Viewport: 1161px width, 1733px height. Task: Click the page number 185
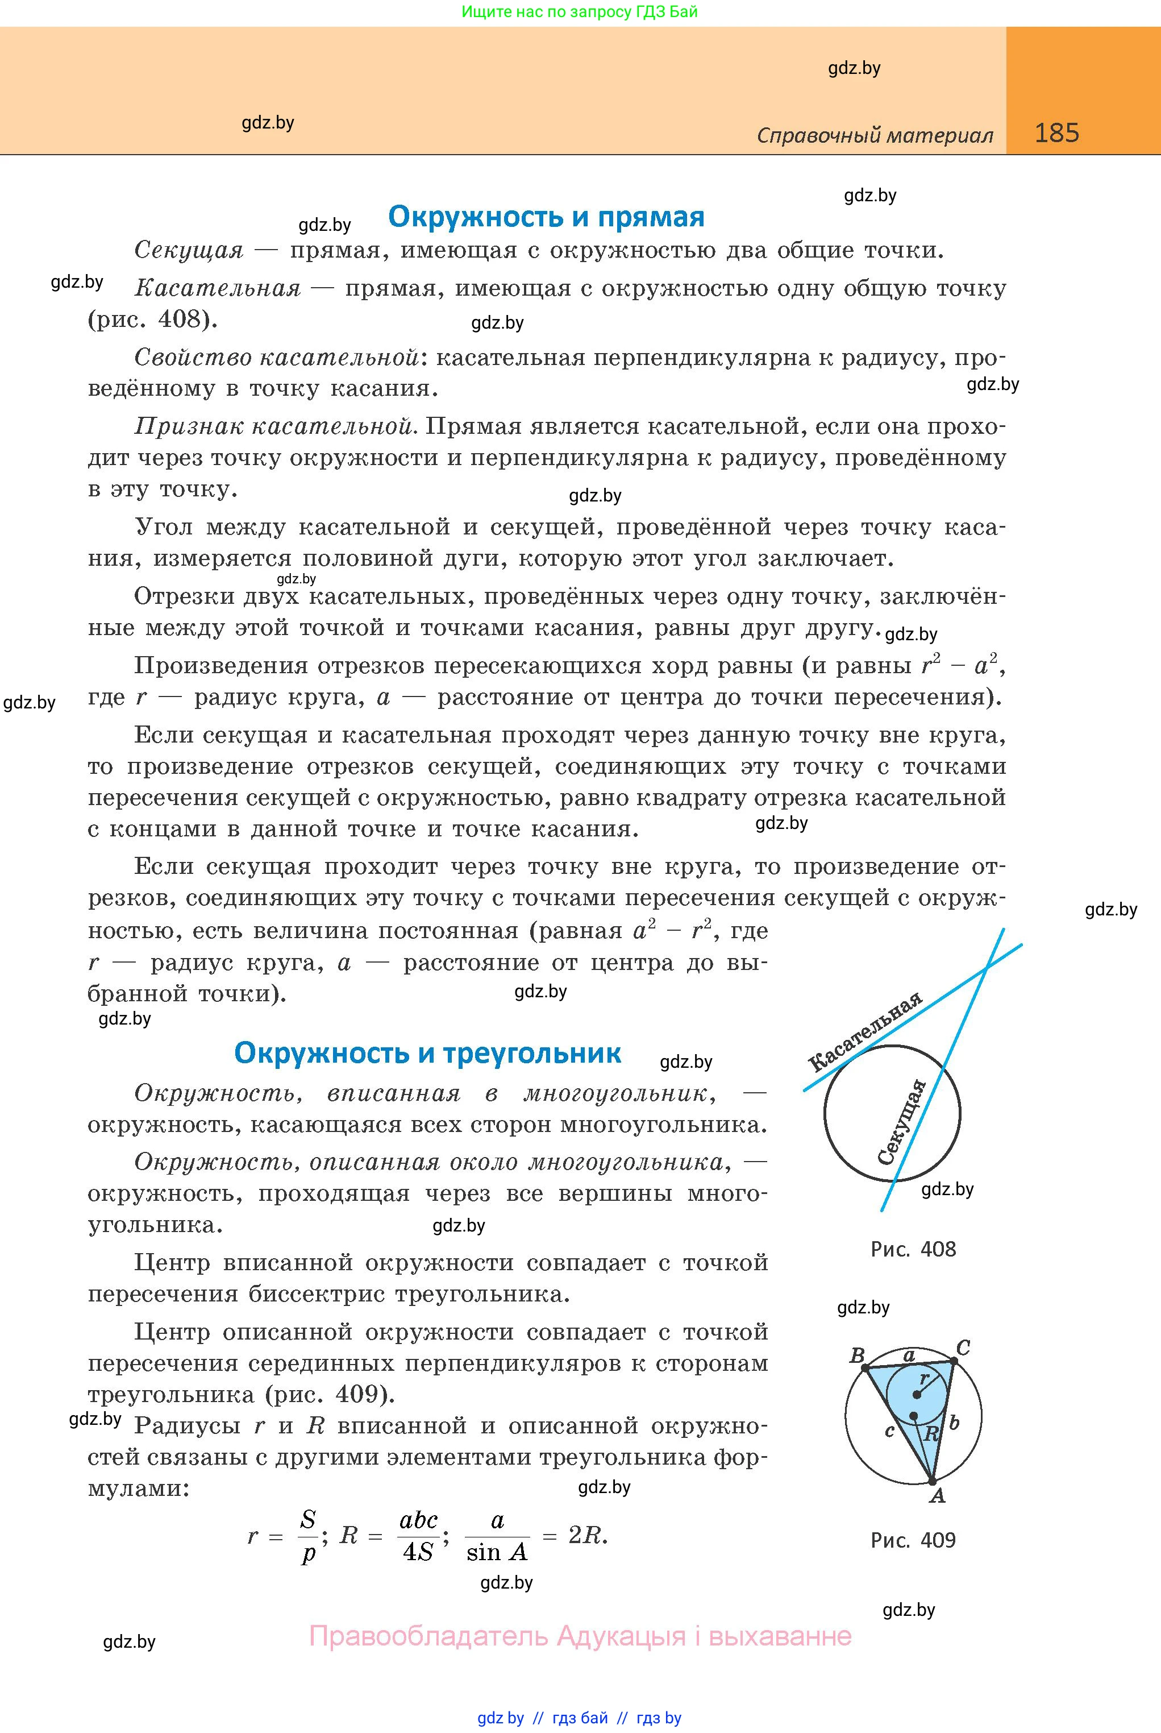(x=1056, y=132)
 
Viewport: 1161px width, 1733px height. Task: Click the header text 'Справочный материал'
(x=875, y=135)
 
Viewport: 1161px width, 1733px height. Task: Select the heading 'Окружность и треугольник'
(x=427, y=1052)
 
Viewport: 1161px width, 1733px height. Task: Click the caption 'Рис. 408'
(x=913, y=1249)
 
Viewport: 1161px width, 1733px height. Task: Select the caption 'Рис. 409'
(x=913, y=1540)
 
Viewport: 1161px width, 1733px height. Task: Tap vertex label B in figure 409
(x=858, y=1356)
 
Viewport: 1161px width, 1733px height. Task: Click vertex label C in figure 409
(x=963, y=1348)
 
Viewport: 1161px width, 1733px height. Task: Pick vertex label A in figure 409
(x=938, y=1496)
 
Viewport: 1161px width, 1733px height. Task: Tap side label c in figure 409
(x=890, y=1431)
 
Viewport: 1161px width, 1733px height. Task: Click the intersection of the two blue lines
(x=987, y=967)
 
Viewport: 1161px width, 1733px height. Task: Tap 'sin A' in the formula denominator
(x=497, y=1552)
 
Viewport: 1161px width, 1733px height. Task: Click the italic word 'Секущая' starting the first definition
(x=189, y=250)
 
